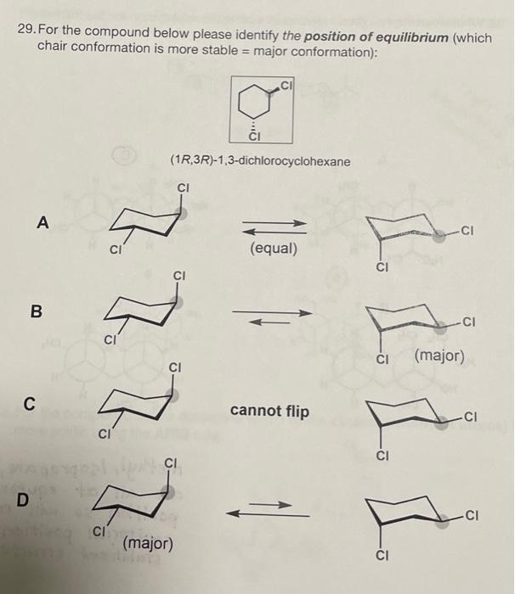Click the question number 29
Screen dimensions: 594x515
coord(26,30)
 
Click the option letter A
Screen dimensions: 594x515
coord(42,222)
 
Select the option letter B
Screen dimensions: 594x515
coord(36,311)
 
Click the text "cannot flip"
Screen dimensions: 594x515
coord(269,412)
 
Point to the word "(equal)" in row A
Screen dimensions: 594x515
coord(274,249)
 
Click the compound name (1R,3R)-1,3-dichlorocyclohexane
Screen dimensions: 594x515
coord(259,160)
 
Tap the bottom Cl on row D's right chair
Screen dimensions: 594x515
coord(382,558)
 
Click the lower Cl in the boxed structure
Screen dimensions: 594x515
coord(253,136)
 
